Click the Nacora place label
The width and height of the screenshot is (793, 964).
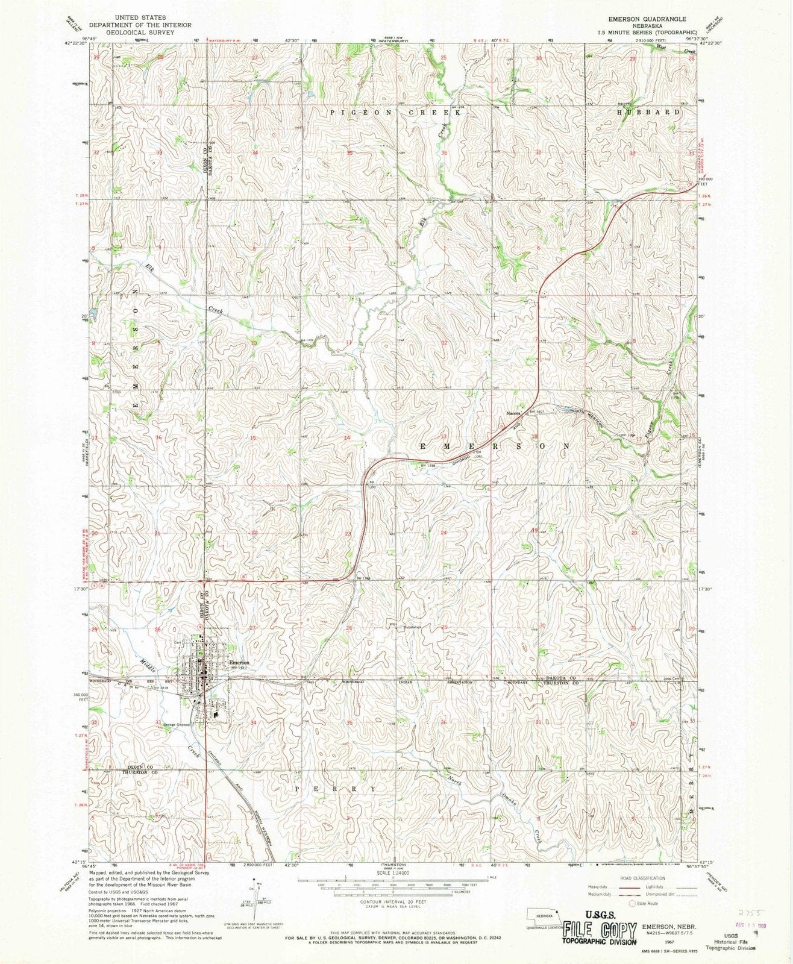tap(513, 414)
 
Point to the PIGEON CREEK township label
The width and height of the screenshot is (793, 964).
tap(398, 113)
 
